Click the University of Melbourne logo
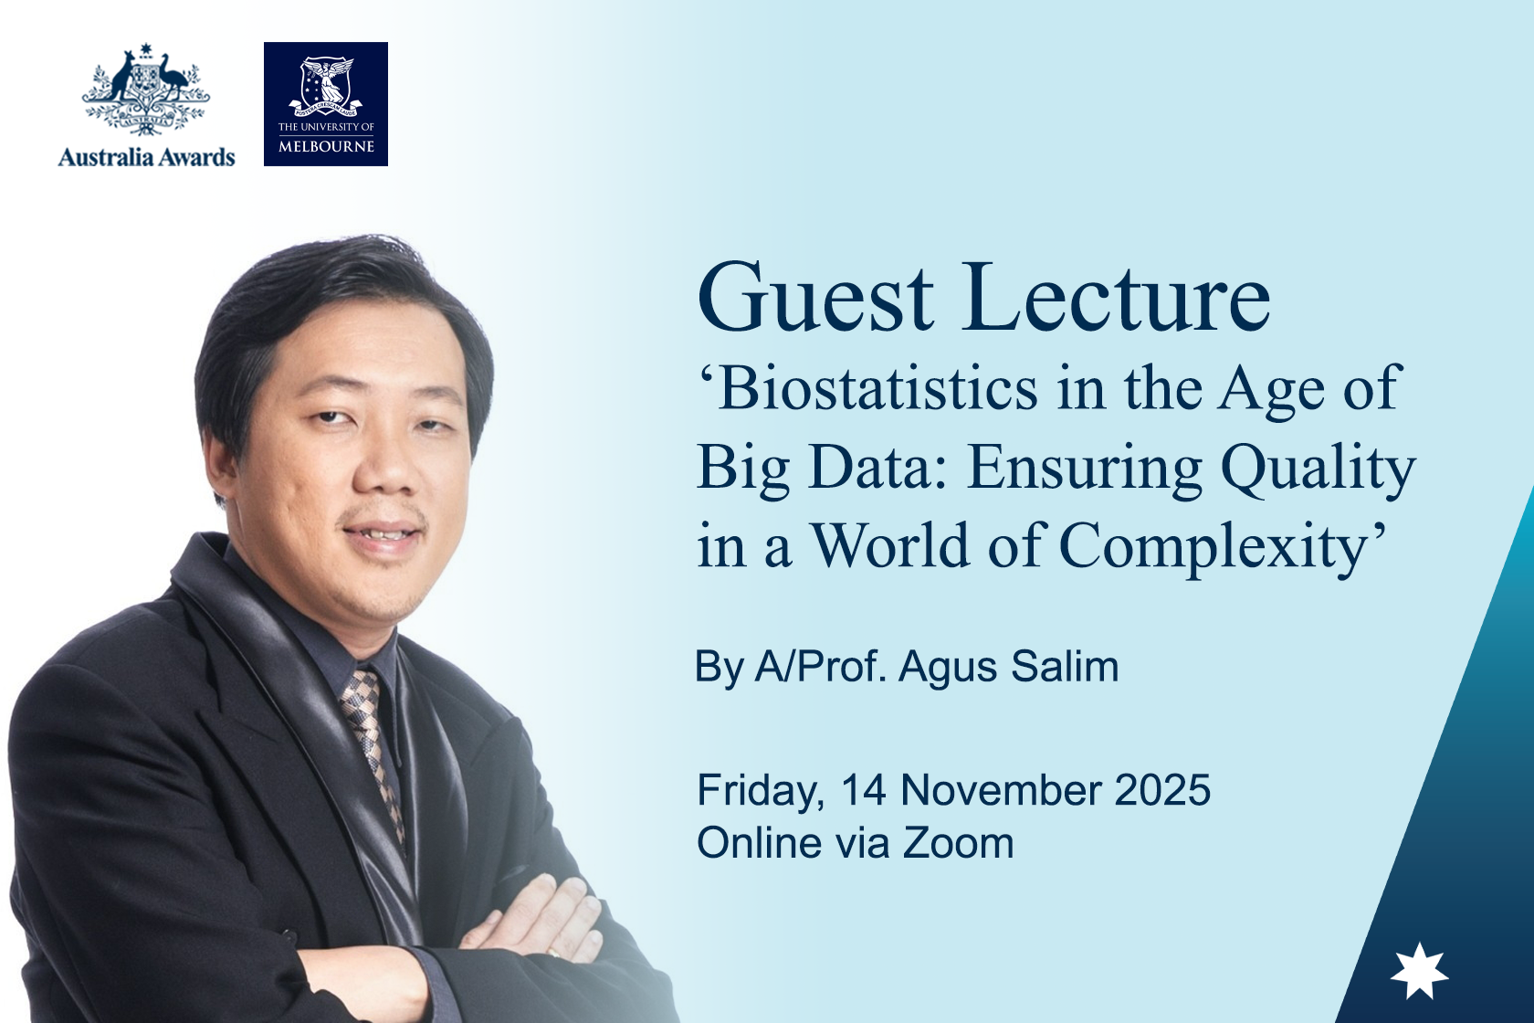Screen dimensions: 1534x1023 click(326, 104)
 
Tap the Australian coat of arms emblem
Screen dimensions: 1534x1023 click(146, 90)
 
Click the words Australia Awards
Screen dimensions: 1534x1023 click(146, 158)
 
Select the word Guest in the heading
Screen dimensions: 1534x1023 click(815, 299)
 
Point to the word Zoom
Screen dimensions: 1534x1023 click(958, 843)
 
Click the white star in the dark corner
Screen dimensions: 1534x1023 click(1419, 971)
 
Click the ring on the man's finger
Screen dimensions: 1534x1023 click(553, 953)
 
